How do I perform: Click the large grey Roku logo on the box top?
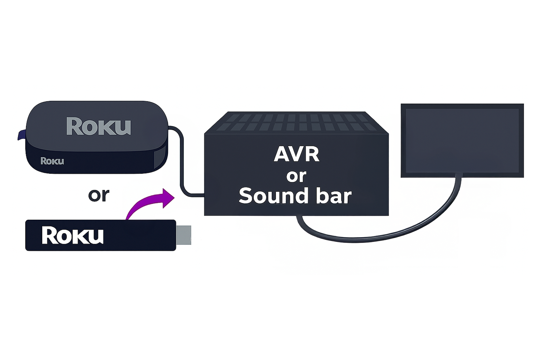point(98,127)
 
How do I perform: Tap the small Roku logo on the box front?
point(52,161)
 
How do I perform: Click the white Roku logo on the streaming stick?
point(72,235)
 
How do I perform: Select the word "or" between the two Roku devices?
point(99,195)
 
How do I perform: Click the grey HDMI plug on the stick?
point(183,235)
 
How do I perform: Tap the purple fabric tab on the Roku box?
point(22,135)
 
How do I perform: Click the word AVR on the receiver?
point(296,154)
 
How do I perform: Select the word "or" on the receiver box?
point(296,176)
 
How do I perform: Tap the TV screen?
point(462,140)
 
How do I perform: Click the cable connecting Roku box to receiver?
point(182,162)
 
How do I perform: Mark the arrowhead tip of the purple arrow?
point(174,197)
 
